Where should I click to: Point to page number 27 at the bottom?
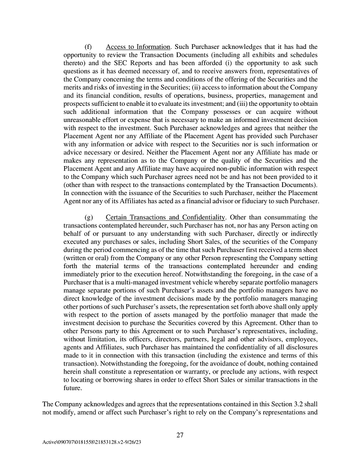point(180,436)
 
